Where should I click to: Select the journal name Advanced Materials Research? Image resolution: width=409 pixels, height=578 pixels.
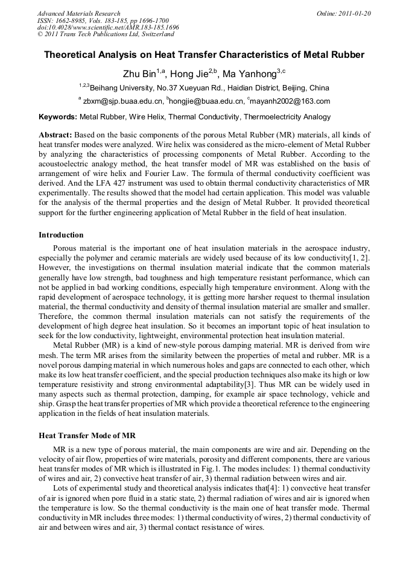point(79,13)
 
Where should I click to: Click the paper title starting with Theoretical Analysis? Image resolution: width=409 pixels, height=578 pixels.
point(204,55)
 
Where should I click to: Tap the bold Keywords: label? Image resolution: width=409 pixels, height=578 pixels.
point(58,117)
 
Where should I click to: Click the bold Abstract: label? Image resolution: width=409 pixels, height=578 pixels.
point(55,134)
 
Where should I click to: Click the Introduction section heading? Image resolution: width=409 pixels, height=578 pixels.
point(61,234)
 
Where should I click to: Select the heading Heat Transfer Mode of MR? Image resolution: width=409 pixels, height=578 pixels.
point(87,435)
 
